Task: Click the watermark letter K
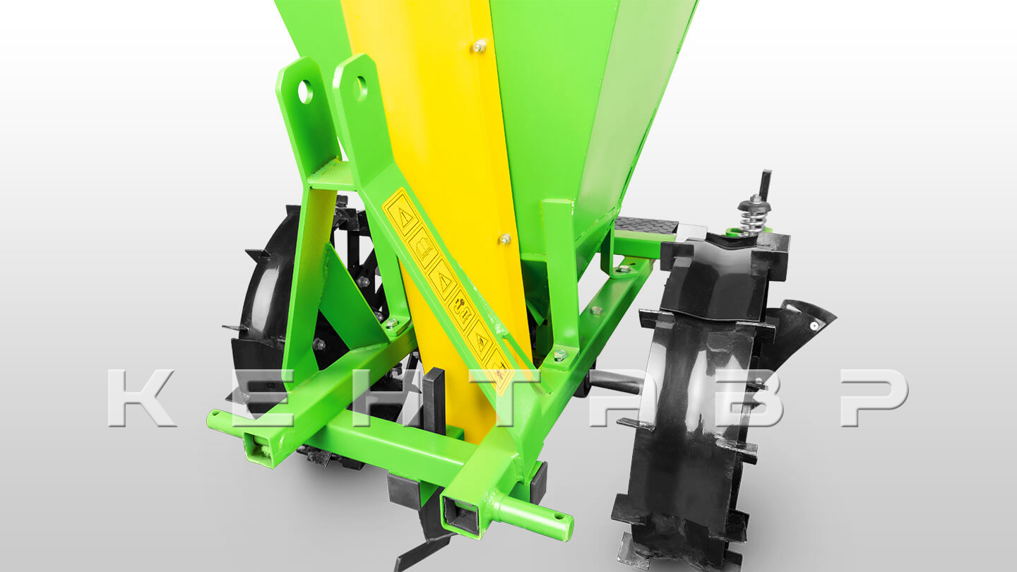(x=141, y=398)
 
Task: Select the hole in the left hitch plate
(x=306, y=92)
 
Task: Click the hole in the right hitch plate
(x=361, y=88)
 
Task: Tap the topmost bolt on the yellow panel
(x=480, y=45)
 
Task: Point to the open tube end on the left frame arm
(x=261, y=448)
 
